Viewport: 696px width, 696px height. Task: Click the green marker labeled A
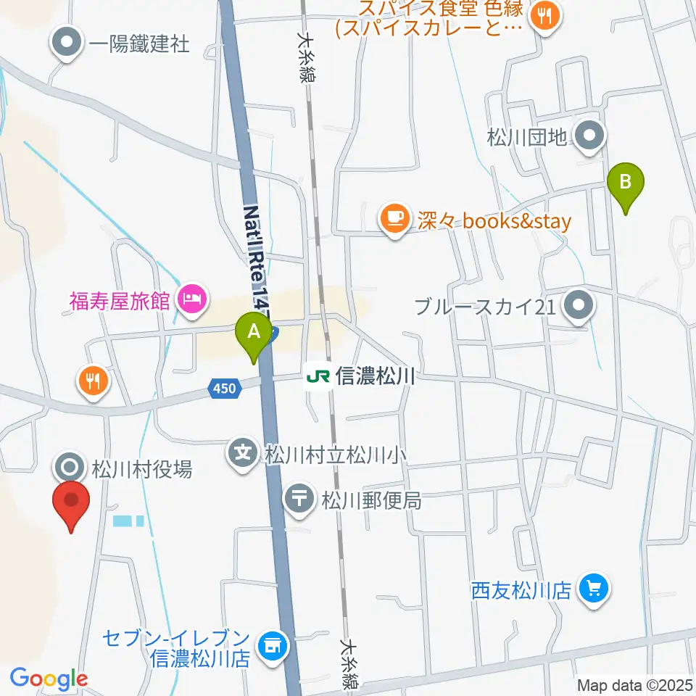click(254, 333)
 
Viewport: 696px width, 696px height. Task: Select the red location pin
click(71, 500)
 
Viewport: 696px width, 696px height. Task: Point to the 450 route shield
click(224, 389)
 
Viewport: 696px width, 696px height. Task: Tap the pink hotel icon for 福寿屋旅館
click(192, 297)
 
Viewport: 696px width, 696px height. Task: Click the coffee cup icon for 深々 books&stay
click(394, 220)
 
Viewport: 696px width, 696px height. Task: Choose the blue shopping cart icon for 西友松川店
click(594, 587)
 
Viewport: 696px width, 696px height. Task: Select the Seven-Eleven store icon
click(273, 642)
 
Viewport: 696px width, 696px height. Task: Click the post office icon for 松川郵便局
click(299, 499)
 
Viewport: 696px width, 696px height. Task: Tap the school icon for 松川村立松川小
click(242, 454)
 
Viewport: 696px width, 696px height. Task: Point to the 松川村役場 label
click(141, 470)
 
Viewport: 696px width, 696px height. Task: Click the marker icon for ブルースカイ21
click(579, 307)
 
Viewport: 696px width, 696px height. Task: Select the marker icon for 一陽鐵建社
click(67, 43)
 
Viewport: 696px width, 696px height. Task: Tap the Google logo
click(49, 679)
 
